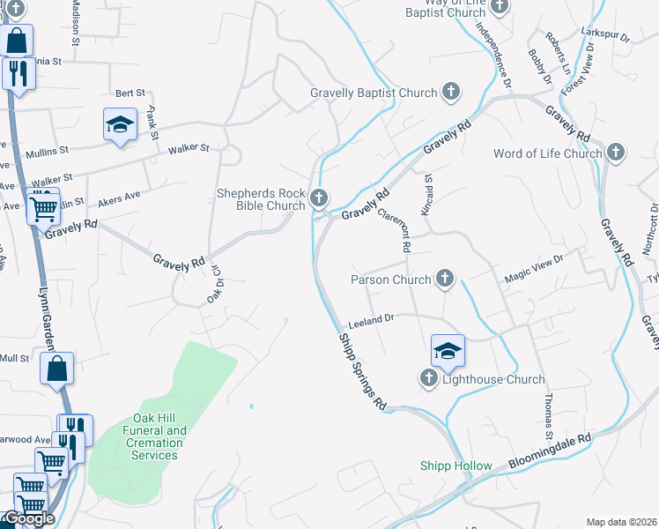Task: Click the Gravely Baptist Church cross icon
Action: point(450,92)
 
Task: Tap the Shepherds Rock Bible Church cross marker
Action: point(320,197)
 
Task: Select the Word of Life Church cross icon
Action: point(616,153)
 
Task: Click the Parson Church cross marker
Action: point(445,279)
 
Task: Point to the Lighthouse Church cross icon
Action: point(428,379)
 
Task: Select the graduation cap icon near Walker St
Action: point(120,124)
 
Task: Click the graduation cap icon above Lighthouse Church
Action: point(448,351)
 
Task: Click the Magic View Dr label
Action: point(532,268)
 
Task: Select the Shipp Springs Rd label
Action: point(362,371)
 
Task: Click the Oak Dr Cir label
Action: point(213,284)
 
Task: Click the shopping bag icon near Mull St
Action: point(56,370)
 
